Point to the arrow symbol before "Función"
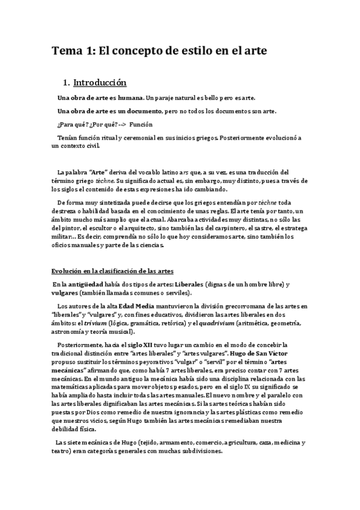point(121,124)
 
